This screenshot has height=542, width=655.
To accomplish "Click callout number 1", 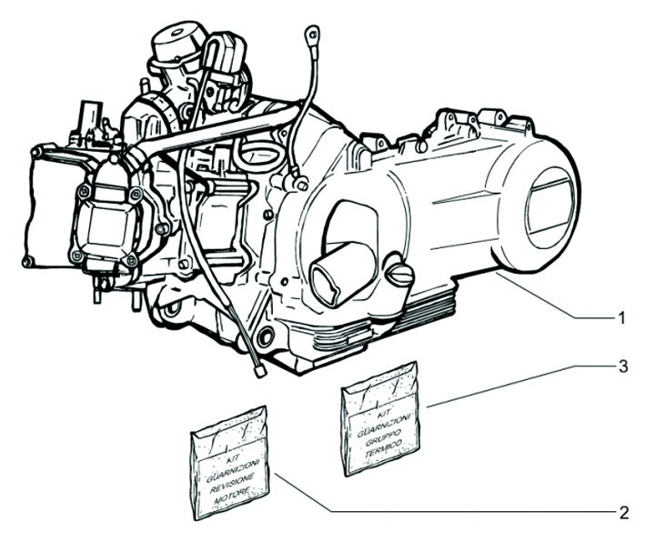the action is (622, 318).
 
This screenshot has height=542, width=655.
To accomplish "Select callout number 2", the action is (623, 512).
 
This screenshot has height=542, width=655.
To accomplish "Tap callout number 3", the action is (623, 366).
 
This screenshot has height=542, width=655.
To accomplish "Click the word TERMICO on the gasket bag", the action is (383, 447).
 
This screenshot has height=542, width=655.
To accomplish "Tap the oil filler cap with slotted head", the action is (399, 275).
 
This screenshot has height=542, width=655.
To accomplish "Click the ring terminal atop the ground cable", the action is (312, 32).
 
